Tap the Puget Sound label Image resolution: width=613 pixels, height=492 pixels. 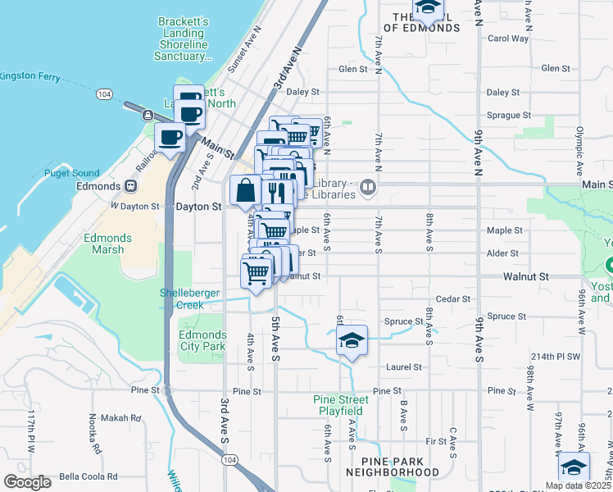[73, 173]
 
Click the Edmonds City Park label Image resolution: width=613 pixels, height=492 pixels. [202, 341]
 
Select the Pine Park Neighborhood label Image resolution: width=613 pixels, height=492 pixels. [393, 467]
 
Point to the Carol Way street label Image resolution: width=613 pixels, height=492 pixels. [508, 39]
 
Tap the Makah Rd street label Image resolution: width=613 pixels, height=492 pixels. [123, 417]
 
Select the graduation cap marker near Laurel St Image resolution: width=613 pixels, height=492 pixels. [352, 341]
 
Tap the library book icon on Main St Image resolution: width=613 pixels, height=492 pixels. [368, 189]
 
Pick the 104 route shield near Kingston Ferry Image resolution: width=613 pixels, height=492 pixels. [103, 95]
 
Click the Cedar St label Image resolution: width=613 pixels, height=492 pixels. [454, 299]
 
